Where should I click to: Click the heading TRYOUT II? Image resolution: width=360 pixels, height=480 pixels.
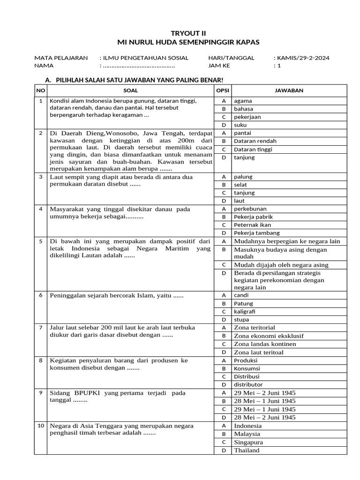pos(180,33)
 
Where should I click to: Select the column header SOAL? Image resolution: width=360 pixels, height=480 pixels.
pos(130,90)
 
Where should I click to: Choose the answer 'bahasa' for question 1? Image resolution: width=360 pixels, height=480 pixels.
pos(244,109)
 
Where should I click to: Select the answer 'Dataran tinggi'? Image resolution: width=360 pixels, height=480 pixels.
pos(253,149)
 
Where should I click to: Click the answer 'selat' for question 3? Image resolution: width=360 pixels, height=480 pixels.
pos(240,185)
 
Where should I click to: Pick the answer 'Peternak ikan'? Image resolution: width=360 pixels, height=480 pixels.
pos(252,225)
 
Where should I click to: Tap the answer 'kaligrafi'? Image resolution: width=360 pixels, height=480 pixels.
pos(245,311)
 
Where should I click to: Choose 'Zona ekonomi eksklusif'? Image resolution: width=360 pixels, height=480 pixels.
pos(269,336)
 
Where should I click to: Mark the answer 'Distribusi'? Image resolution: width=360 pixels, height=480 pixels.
pos(247,376)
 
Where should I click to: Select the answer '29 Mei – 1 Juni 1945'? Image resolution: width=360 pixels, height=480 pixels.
pos(265,409)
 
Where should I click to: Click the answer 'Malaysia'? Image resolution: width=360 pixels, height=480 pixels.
pos(247,434)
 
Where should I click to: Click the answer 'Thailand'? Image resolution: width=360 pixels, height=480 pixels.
pos(247,450)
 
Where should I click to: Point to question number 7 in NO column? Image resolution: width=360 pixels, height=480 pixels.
pos(41,327)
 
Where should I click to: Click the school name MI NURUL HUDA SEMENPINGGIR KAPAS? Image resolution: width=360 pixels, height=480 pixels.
pos(180,42)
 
